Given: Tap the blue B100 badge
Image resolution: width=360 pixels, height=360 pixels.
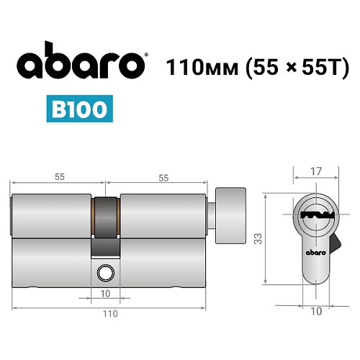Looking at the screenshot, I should (x=80, y=109).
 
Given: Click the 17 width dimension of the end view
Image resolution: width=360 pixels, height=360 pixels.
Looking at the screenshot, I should (x=316, y=172).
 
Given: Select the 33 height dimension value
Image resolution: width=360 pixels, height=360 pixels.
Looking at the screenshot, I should (x=258, y=238).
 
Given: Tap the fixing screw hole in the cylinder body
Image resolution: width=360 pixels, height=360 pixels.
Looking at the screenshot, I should (x=106, y=272).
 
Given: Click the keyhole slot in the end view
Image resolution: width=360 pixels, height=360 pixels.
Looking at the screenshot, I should (x=315, y=215).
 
